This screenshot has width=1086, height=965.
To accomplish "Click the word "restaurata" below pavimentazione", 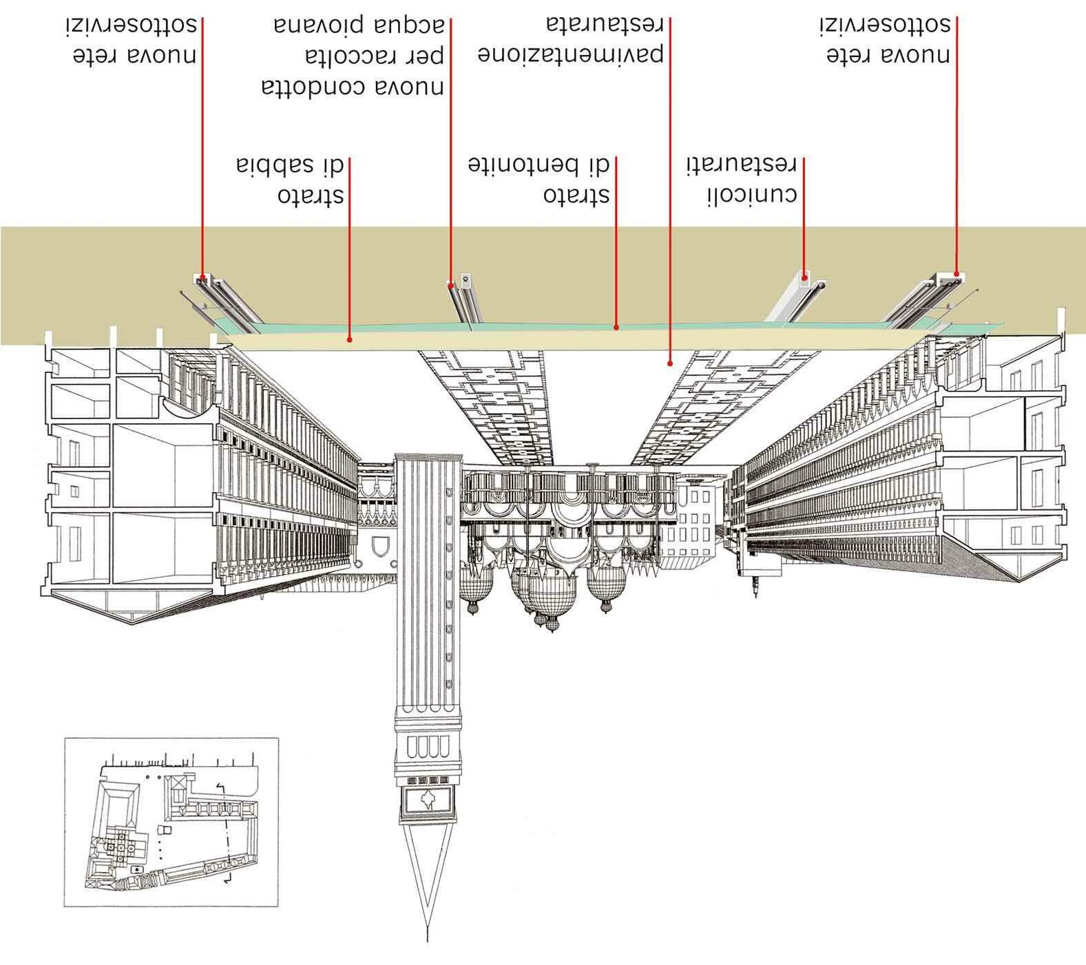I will click(x=605, y=25).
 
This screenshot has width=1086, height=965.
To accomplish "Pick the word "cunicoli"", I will click(x=752, y=195).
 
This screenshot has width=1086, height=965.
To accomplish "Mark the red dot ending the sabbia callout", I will click(x=350, y=339).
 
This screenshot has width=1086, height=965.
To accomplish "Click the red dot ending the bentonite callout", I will click(x=616, y=327).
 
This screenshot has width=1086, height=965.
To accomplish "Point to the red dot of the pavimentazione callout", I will click(x=670, y=363).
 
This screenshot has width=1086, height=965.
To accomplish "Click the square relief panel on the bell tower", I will click(x=427, y=800).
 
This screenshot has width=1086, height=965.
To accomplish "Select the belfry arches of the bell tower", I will click(x=428, y=747).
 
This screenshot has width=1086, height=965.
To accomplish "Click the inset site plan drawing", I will click(x=171, y=822).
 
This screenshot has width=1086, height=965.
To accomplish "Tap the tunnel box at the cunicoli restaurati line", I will click(x=804, y=280).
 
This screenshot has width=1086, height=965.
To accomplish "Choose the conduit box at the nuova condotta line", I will click(x=466, y=279).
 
